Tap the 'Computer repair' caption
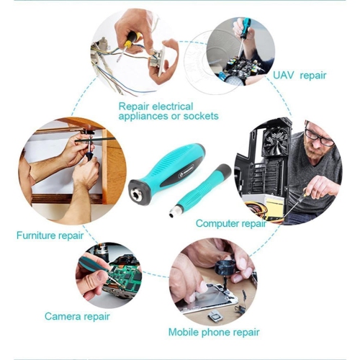[230, 223]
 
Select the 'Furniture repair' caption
[48, 235]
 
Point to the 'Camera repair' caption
[76, 316]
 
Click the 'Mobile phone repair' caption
[214, 332]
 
